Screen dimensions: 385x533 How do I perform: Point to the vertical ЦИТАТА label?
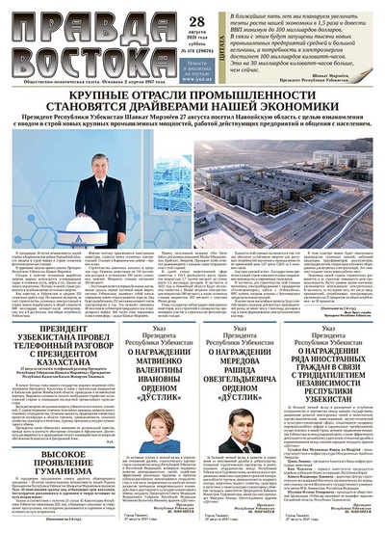[186, 39]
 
